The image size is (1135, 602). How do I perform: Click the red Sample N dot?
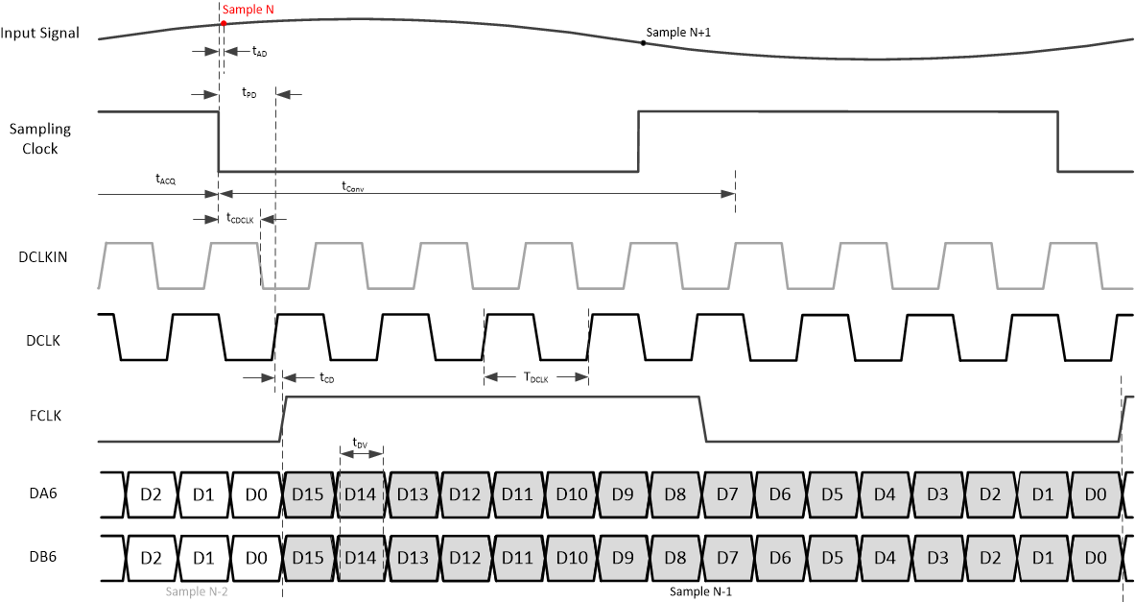(x=224, y=22)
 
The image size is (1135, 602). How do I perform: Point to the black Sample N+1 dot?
(x=643, y=43)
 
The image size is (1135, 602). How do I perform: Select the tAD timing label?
(x=259, y=52)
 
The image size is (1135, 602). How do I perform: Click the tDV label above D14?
(x=360, y=443)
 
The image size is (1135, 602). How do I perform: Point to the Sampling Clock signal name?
(x=41, y=138)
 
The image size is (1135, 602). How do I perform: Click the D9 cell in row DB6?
(x=624, y=557)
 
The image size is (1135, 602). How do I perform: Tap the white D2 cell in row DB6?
(x=150, y=557)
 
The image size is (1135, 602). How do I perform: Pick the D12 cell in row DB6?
(x=465, y=557)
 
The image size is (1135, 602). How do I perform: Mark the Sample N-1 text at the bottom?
(x=701, y=592)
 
